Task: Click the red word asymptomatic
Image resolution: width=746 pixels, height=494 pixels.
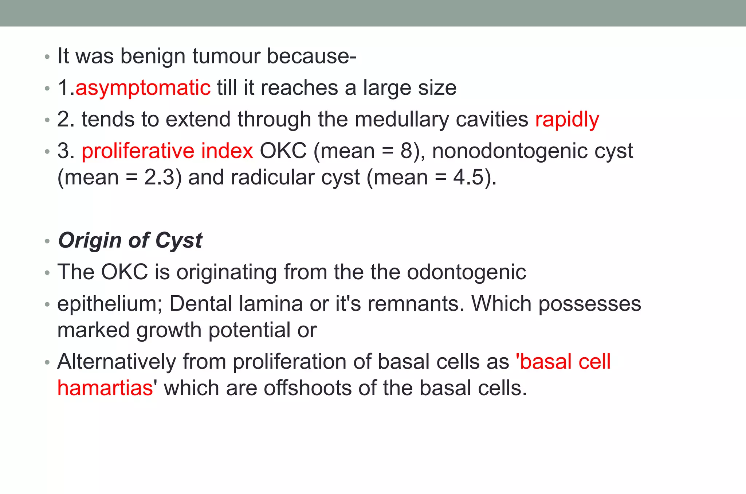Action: coord(143,88)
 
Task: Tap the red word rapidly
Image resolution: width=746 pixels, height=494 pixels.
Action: coord(567,120)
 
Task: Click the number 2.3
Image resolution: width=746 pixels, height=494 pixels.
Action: coord(159,178)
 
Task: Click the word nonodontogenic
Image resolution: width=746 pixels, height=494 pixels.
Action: coord(510,151)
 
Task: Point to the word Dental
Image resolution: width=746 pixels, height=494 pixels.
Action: coord(201,304)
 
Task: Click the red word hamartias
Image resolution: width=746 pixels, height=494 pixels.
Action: coord(105,388)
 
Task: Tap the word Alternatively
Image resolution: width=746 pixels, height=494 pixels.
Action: coord(117,362)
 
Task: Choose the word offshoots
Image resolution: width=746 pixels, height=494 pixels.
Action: coord(307,388)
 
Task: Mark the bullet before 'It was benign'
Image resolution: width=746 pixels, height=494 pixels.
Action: coord(47,57)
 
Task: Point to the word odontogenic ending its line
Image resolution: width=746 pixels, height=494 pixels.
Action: coord(466,272)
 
